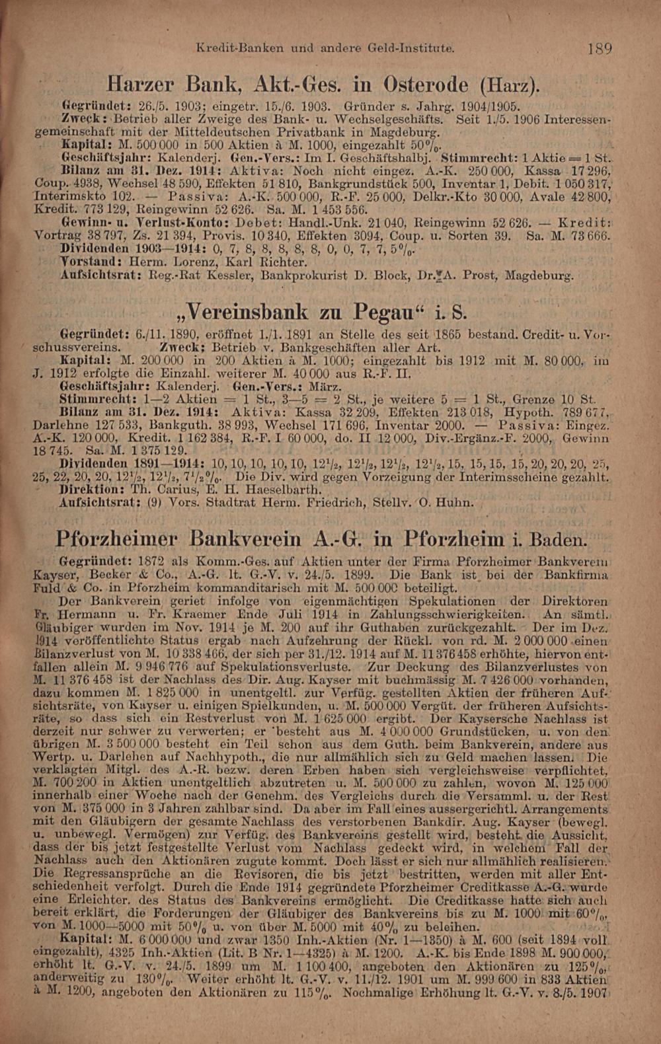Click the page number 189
pyautogui.click(x=600, y=48)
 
